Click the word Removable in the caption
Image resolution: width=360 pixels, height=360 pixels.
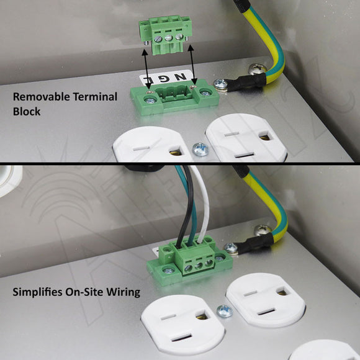click(38, 97)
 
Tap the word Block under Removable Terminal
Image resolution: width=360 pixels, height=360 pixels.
click(27, 112)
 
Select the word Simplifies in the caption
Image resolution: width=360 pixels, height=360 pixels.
click(38, 292)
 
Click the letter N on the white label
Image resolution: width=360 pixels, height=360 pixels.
click(181, 77)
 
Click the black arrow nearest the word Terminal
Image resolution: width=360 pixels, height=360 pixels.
click(146, 69)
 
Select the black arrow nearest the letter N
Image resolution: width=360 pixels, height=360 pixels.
click(192, 65)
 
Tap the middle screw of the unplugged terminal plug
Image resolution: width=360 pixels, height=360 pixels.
click(168, 38)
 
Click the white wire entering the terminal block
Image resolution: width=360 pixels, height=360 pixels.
click(202, 202)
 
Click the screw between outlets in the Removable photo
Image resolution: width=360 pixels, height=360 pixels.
click(200, 149)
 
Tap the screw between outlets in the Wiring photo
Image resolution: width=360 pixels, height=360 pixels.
click(225, 311)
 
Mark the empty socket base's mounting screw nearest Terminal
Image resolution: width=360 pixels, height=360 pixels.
click(150, 100)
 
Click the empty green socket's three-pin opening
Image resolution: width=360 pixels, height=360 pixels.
click(174, 93)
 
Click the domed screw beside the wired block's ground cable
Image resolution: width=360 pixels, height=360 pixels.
click(263, 230)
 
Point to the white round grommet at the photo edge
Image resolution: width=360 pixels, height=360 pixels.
click(9, 181)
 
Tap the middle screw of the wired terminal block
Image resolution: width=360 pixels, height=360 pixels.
click(199, 266)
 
